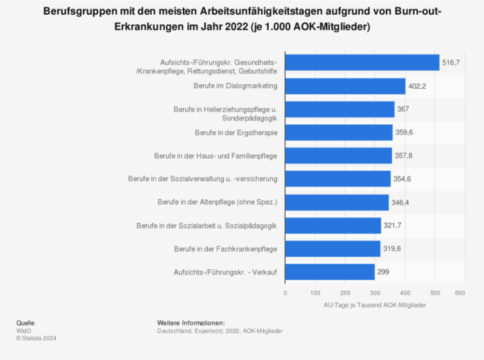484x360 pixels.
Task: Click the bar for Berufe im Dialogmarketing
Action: coord(346,86)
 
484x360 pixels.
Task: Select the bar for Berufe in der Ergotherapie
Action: coord(339,133)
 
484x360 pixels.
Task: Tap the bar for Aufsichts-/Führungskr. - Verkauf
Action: coord(329,272)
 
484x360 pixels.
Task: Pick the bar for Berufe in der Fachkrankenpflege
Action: coord(333,249)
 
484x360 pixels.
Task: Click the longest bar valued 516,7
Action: coord(362,63)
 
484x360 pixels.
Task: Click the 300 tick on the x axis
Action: coord(373,293)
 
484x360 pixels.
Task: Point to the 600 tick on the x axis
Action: coord(460,293)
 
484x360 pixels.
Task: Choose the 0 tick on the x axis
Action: coord(286,293)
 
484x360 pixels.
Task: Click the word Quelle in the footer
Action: coord(26,323)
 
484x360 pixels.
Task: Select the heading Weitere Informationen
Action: coord(190,323)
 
